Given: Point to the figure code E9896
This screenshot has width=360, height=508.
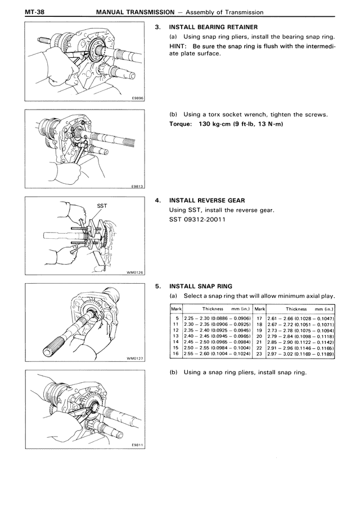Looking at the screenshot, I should pos(138,97).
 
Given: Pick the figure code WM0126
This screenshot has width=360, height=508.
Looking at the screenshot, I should pos(136,272).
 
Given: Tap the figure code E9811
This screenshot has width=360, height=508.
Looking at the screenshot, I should pos(138,445).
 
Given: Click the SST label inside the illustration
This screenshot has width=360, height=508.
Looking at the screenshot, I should pos(102,206).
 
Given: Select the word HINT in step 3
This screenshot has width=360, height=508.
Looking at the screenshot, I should pos(179,46).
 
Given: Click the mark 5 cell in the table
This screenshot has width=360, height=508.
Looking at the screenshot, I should pos(177,318).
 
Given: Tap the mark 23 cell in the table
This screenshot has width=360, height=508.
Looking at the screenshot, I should pos(259,355).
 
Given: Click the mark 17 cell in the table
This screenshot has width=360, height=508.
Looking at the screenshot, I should pos(259,318).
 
